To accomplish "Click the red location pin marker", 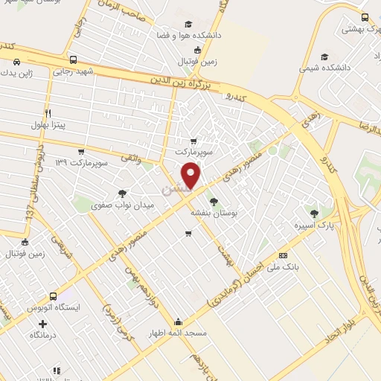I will point(192,175).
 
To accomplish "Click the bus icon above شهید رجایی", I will point(72,60).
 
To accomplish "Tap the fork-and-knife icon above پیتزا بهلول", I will point(48,113).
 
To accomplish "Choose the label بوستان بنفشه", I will point(214,212).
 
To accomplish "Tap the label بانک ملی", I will point(284,268).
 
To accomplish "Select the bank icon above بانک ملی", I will point(283,255).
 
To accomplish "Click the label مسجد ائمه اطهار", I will point(179,334).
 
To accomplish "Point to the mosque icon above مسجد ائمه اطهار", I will point(179,322).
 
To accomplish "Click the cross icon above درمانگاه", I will point(42,324).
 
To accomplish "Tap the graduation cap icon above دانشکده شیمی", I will point(324,56).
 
